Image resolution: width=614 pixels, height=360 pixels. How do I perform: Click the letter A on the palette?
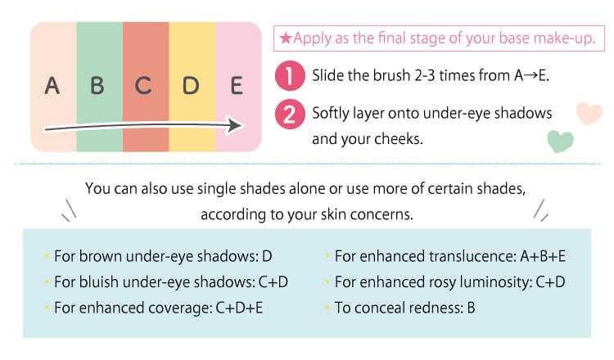pos(52,86)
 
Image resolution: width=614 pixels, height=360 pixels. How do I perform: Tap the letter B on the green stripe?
pos(97,86)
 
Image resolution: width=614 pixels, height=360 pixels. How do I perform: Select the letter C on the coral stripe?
pos(143,86)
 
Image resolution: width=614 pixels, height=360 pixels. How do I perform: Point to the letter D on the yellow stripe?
pos(191,86)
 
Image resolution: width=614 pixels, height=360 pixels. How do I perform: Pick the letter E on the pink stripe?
pos(237,86)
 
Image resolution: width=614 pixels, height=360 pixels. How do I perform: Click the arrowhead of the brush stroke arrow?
pos(235,126)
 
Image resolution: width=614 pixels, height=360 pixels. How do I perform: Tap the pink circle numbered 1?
pos(290,75)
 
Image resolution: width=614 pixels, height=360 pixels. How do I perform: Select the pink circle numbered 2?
pos(290,115)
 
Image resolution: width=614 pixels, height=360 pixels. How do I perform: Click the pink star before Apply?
pos(286,38)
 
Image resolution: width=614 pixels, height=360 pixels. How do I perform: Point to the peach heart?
pos(589,113)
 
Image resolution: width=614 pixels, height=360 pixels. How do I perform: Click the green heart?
pos(560,141)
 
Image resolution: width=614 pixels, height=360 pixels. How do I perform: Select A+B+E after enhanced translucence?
pos(543,256)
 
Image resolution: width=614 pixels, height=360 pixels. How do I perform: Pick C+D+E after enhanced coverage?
pos(239,308)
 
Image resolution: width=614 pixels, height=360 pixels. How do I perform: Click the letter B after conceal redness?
pos(471,308)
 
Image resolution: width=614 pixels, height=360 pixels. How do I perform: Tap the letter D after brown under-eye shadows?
pos(267,256)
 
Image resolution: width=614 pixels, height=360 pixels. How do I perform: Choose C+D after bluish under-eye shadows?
pos(273,282)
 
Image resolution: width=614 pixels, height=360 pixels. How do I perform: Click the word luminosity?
pos(495,282)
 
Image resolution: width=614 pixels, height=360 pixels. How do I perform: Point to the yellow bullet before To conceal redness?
pos(327,308)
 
